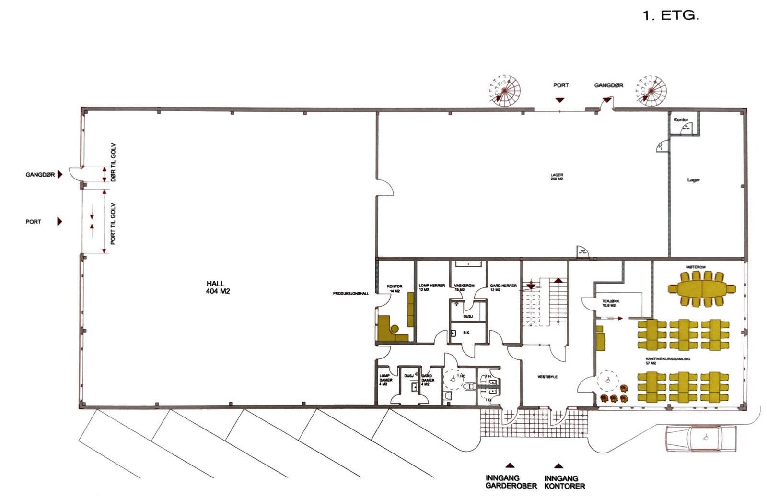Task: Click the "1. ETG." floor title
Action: point(670,16)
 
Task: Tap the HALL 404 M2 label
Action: point(215,287)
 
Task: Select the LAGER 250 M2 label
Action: point(557,177)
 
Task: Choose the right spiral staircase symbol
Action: point(651,90)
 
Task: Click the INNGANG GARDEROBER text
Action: point(511,482)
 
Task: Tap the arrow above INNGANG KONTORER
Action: point(558,466)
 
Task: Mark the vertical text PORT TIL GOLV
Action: point(113,224)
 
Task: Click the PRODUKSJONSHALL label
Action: point(351,293)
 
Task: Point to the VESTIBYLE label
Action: point(547,377)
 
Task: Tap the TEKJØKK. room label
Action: point(611,303)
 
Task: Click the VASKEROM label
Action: point(464,287)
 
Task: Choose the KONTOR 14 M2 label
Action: point(395,288)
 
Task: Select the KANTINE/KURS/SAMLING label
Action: point(668,360)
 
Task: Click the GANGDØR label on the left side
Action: point(40,175)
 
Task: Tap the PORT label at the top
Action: point(561,85)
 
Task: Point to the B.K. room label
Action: point(466,332)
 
